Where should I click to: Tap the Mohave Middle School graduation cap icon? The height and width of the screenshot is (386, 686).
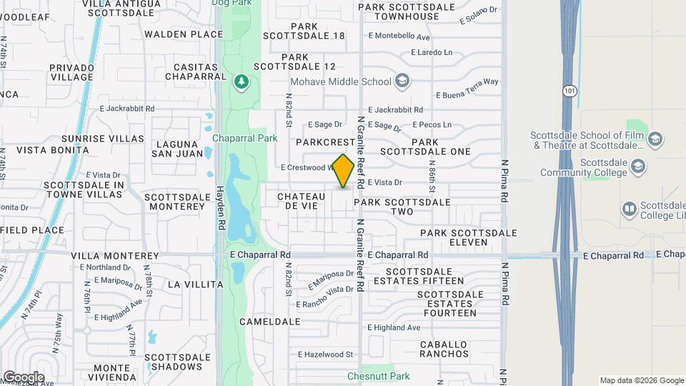coord(402,81)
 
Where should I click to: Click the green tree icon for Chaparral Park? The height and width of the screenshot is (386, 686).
coord(242,83)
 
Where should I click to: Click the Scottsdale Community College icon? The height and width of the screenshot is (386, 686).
coord(638,167)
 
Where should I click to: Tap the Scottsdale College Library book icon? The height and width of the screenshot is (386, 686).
coord(630,209)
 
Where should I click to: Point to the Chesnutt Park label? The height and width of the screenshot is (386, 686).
coord(379,376)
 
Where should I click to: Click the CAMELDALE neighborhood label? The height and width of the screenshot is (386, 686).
coord(270,322)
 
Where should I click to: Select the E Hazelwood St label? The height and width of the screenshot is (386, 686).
coord(326,355)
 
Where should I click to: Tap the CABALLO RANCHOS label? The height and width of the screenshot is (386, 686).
coord(444,350)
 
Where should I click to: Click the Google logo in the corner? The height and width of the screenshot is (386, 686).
coord(24,377)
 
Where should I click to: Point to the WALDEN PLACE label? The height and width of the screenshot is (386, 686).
coord(184,34)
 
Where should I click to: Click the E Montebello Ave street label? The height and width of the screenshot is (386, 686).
coord(399,37)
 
